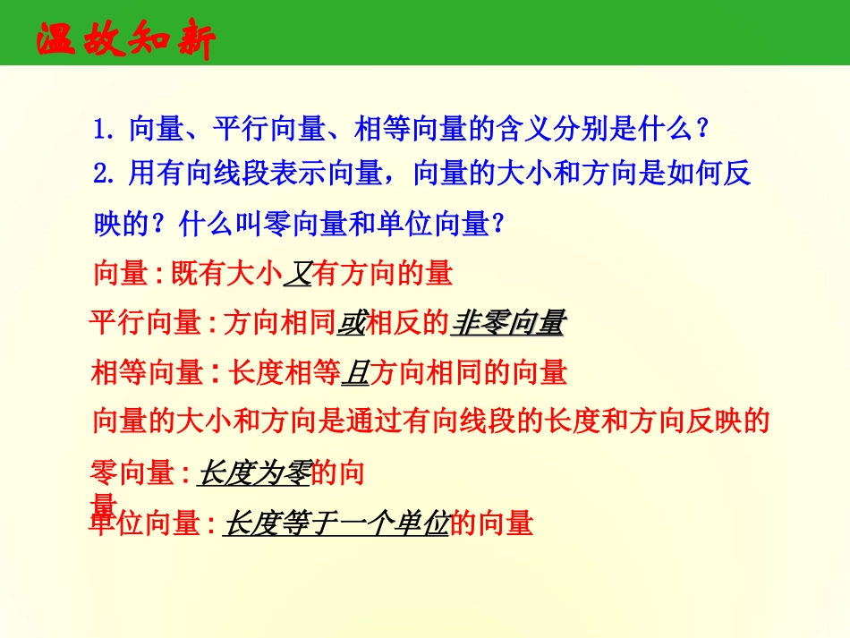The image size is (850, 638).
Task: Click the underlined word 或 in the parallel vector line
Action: (351, 323)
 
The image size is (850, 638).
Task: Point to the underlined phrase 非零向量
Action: (507, 323)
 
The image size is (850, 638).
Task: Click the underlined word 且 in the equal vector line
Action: (354, 371)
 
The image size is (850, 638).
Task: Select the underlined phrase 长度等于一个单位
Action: (336, 523)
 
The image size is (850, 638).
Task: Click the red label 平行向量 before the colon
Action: (146, 323)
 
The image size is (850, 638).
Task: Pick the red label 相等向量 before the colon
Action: (147, 371)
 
